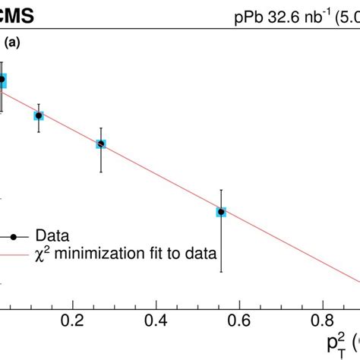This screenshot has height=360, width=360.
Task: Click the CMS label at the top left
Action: (23, 13)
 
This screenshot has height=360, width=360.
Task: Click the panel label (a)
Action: (13, 44)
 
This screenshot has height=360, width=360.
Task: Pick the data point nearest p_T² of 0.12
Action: (39, 115)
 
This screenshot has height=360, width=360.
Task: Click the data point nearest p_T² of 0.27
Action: (101, 144)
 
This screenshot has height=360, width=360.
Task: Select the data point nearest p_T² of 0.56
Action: (221, 213)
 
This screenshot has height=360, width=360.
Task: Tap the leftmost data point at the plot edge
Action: (2, 79)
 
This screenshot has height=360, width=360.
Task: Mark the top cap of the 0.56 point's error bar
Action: (221, 190)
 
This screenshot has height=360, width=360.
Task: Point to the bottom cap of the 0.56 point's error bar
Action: (221, 271)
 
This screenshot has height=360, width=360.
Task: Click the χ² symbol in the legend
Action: (43, 253)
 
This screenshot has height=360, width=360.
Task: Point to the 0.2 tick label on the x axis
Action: (73, 319)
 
